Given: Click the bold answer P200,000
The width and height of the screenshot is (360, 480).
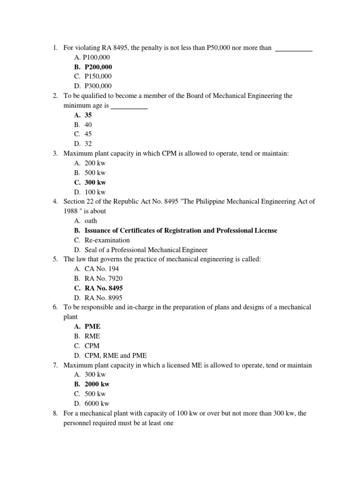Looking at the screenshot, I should pyautogui.click(x=98, y=67).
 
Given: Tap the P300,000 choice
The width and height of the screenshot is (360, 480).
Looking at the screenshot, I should pyautogui.click(x=98, y=86).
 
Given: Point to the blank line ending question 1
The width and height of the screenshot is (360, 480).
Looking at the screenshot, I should pyautogui.click(x=294, y=49).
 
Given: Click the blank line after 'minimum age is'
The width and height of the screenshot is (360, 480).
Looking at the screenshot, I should pyautogui.click(x=129, y=107).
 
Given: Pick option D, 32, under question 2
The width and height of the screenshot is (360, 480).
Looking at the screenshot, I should pyautogui.click(x=88, y=144).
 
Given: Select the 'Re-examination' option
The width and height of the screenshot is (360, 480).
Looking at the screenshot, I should pyautogui.click(x=107, y=240).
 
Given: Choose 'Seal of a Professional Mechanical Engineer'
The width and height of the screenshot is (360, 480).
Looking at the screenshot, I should pyautogui.click(x=146, y=250).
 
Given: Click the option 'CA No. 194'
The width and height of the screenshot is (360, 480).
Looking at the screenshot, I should pyautogui.click(x=101, y=269).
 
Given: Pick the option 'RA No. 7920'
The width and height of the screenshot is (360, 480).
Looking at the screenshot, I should pyautogui.click(x=104, y=278).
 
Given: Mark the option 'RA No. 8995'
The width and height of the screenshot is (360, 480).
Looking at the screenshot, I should pyautogui.click(x=104, y=298).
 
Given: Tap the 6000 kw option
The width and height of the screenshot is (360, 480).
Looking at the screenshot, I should pyautogui.click(x=97, y=404).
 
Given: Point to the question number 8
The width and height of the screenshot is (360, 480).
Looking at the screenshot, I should pyautogui.click(x=55, y=413).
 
